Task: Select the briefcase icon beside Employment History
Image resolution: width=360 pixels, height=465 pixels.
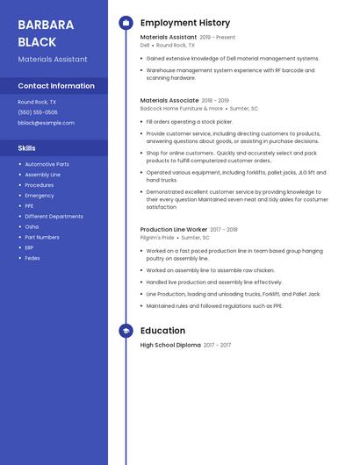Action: click(x=126, y=23)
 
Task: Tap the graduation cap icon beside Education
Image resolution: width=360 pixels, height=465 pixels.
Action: click(x=126, y=331)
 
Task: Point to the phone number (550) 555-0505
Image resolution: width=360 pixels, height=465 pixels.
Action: click(x=38, y=112)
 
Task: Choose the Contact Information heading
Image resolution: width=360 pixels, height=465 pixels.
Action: click(x=56, y=86)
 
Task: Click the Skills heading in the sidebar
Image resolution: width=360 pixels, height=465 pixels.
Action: click(x=27, y=148)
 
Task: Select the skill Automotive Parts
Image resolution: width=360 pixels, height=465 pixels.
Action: click(x=47, y=164)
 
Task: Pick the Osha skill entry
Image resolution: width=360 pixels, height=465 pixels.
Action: click(x=32, y=226)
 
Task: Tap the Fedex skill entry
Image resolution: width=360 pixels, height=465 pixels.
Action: click(x=32, y=258)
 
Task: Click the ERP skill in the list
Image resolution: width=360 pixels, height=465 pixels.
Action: click(x=30, y=247)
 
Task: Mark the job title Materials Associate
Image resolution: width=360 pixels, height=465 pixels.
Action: click(x=169, y=101)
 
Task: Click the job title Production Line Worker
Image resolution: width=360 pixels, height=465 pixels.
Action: click(x=174, y=230)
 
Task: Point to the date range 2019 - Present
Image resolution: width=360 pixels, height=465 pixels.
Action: click(x=218, y=38)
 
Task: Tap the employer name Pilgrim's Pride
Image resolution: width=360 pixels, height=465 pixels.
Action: click(x=157, y=238)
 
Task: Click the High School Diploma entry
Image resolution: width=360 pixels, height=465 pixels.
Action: click(x=170, y=346)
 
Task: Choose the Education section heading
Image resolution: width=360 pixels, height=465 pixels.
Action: click(x=162, y=331)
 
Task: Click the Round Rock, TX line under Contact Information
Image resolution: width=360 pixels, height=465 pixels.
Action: click(x=37, y=102)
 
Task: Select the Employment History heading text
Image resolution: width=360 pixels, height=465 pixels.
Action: click(x=185, y=23)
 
